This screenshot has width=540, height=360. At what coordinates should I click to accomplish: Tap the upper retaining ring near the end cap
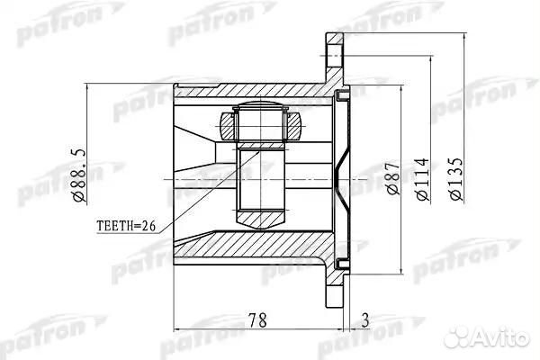click(x=342, y=95)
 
